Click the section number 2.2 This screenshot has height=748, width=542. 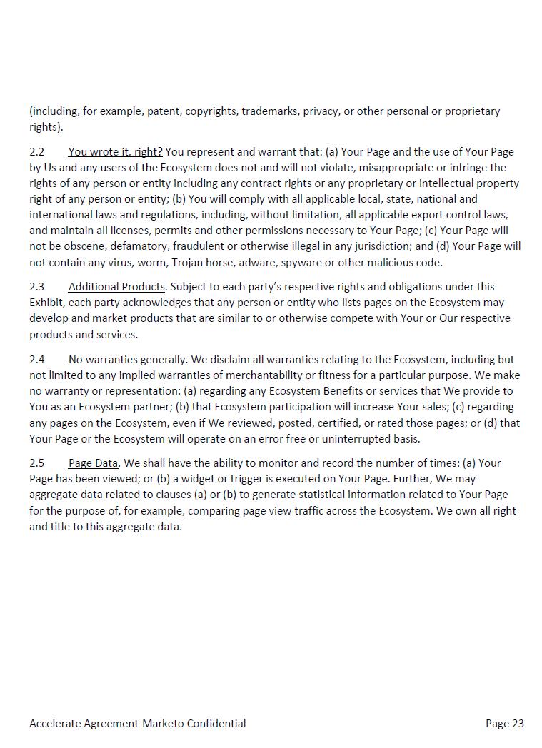pos(36,152)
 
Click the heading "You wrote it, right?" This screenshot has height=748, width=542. pos(115,152)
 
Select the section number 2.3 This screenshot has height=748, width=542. pos(36,287)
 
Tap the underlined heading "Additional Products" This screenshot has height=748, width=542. pos(116,287)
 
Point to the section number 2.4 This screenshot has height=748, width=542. pos(36,360)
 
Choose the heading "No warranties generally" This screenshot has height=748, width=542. pos(127,360)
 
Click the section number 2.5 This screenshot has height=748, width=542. pos(36,463)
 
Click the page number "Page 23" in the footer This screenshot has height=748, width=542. pos(504,724)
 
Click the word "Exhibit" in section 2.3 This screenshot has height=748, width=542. pos(46,303)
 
